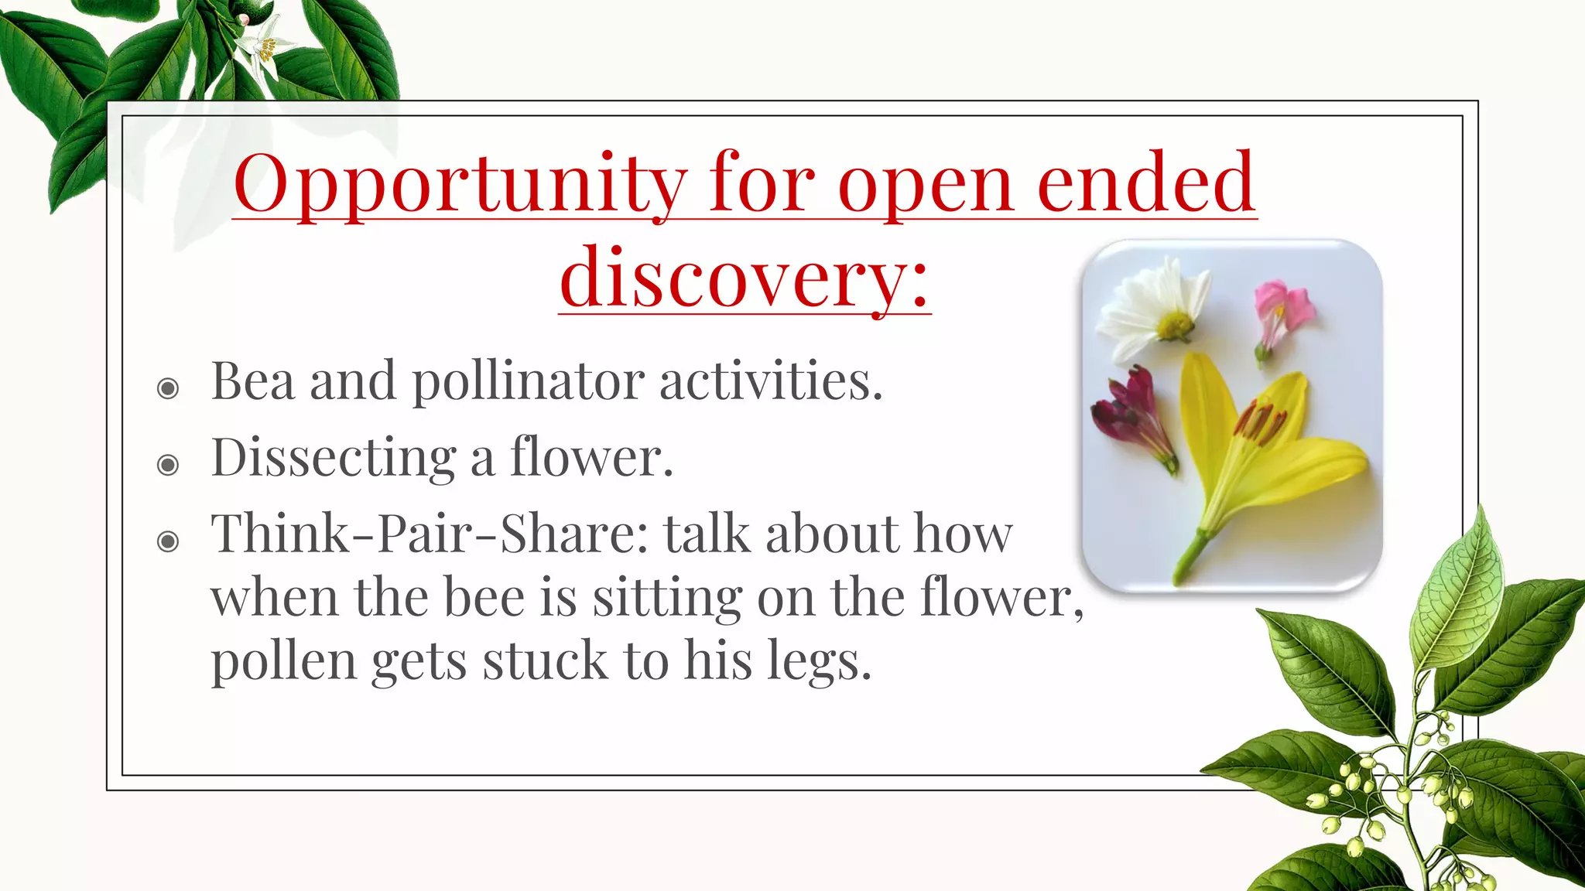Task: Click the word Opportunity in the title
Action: pyautogui.click(x=460, y=186)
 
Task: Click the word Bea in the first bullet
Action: pyautogui.click(x=252, y=381)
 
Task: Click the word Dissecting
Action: pyautogui.click(x=333, y=459)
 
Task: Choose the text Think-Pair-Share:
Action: pyautogui.click(x=430, y=534)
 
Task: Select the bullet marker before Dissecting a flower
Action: pyautogui.click(x=168, y=465)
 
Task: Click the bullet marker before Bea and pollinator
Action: pyautogui.click(x=168, y=387)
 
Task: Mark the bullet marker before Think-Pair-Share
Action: pyautogui.click(x=168, y=541)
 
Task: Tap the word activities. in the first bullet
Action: pyautogui.click(x=771, y=381)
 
